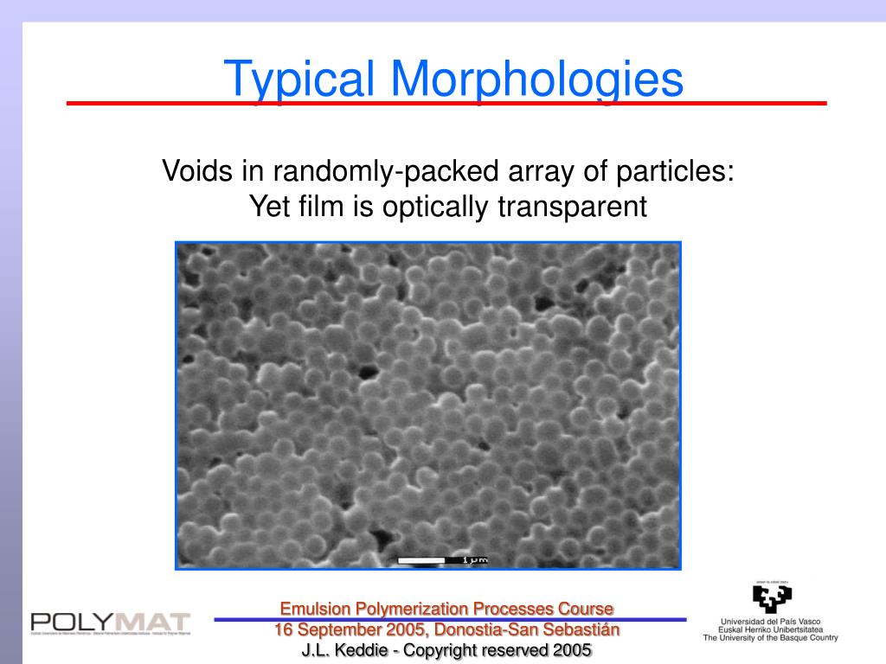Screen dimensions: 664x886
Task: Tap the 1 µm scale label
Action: click(x=475, y=560)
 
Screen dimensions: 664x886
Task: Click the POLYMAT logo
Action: click(x=110, y=622)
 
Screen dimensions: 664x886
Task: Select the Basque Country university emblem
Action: click(x=771, y=597)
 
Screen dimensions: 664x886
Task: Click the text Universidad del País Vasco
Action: click(x=770, y=621)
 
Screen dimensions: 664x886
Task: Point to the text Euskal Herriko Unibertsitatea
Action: click(x=770, y=629)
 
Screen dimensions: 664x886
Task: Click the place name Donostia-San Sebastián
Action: click(x=528, y=629)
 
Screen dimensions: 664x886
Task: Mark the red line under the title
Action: click(x=446, y=104)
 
